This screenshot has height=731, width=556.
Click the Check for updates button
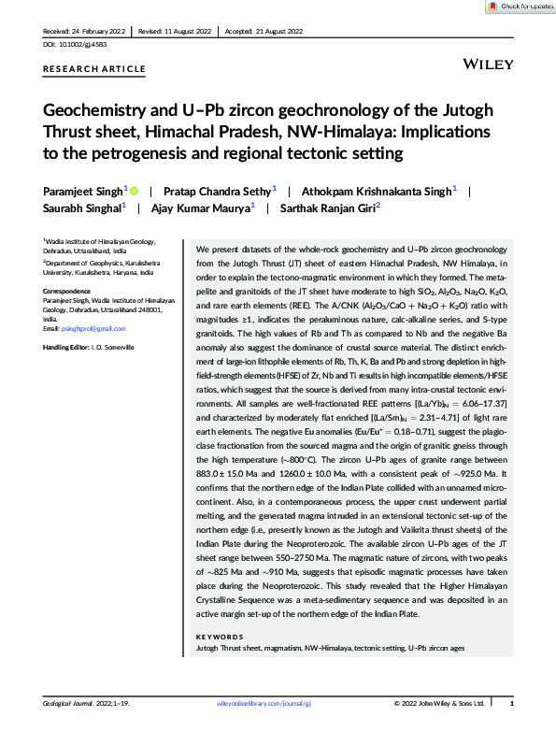(x=519, y=7)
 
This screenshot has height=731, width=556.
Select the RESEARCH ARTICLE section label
(x=94, y=69)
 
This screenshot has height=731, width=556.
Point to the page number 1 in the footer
(x=510, y=703)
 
